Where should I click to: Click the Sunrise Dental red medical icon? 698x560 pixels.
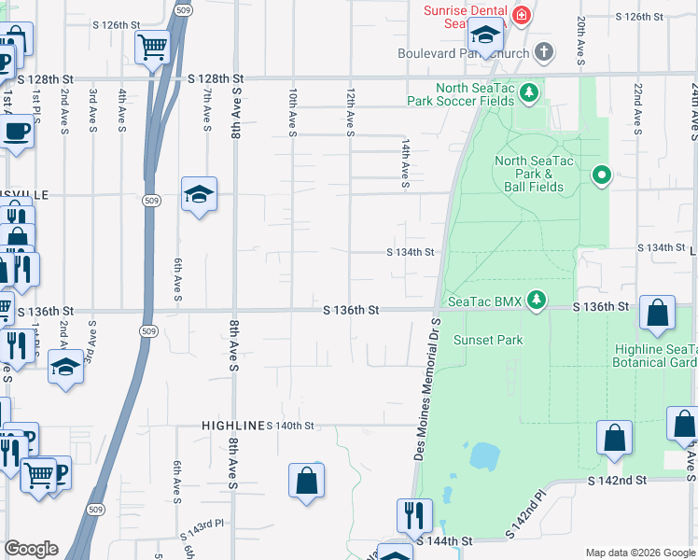point(520,16)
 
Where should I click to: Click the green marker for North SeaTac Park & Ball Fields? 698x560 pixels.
point(603,174)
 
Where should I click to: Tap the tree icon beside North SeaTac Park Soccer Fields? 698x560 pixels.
point(529,92)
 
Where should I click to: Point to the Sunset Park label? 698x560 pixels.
point(488,341)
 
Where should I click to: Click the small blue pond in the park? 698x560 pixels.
point(484,455)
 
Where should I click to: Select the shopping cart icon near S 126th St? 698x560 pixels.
point(152,45)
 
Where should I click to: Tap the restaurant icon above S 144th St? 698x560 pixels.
point(414,514)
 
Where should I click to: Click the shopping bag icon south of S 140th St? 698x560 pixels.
point(307,481)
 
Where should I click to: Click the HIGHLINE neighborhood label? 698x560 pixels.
point(232,425)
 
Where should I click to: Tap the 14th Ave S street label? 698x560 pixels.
point(406,164)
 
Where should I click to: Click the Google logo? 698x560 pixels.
point(31,549)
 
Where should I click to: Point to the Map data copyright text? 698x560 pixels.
point(639,553)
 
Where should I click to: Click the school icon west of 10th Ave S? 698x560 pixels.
point(199,193)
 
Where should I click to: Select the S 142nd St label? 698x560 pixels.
point(617,479)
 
